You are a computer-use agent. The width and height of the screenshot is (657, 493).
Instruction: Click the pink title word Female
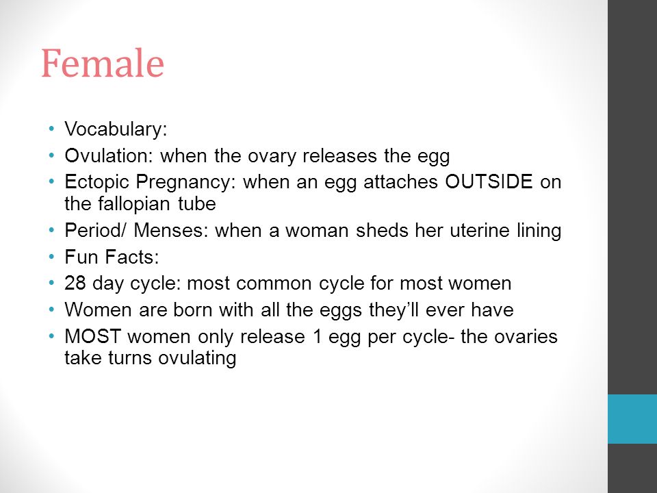click(x=103, y=63)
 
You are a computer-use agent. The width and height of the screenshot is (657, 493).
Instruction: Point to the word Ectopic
click(x=96, y=183)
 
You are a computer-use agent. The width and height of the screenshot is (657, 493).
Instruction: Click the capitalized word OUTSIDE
click(x=489, y=181)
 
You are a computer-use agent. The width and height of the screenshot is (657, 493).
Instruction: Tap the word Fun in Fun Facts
click(x=81, y=257)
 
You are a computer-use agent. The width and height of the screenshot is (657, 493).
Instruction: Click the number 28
click(x=75, y=283)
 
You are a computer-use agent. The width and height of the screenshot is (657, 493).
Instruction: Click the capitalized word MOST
click(x=92, y=336)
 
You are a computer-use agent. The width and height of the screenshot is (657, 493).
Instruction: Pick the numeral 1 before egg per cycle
click(x=317, y=336)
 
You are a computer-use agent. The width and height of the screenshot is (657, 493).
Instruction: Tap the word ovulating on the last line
click(x=197, y=359)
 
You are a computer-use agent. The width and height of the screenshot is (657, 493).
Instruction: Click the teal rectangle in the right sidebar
click(x=632, y=419)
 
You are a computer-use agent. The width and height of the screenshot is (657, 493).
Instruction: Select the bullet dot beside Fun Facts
click(x=51, y=256)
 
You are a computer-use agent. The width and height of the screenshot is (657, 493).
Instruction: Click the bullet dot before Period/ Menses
click(x=51, y=230)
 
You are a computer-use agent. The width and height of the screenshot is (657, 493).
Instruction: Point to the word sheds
click(x=382, y=230)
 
